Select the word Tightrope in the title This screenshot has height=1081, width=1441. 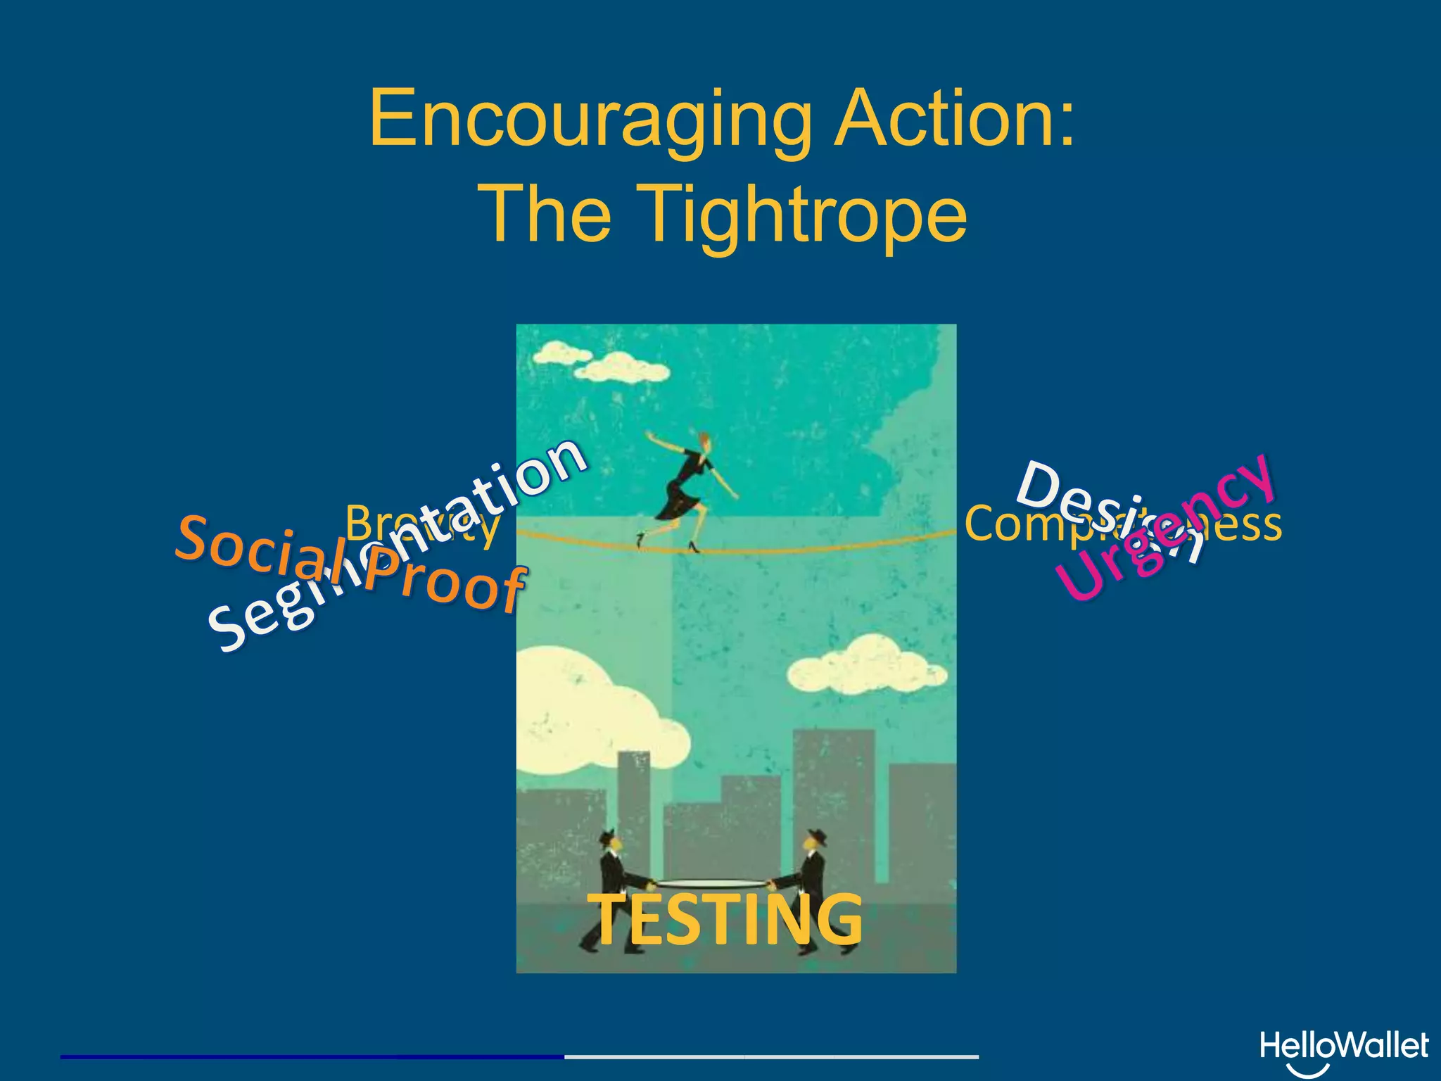806,214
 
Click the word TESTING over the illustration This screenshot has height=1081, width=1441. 725,919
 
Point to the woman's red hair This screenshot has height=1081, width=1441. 704,442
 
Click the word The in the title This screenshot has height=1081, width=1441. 545,214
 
